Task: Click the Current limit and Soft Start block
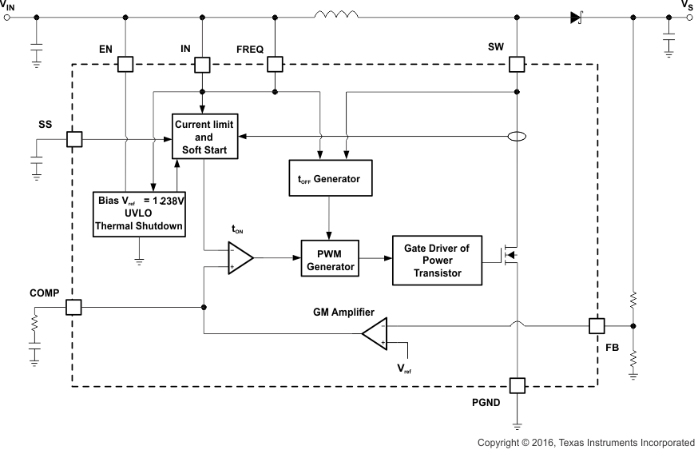coord(205,135)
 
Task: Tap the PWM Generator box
coord(330,258)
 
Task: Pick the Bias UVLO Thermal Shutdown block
coord(141,213)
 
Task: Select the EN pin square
coord(125,65)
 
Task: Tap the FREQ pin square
coord(275,65)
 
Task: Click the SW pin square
coord(518,65)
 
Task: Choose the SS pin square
coord(73,139)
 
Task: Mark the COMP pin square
coord(73,307)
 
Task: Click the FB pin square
coord(597,325)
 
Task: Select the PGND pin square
coord(518,387)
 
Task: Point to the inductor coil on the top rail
coord(336,14)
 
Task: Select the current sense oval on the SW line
coord(518,137)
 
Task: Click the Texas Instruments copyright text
coord(585,442)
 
